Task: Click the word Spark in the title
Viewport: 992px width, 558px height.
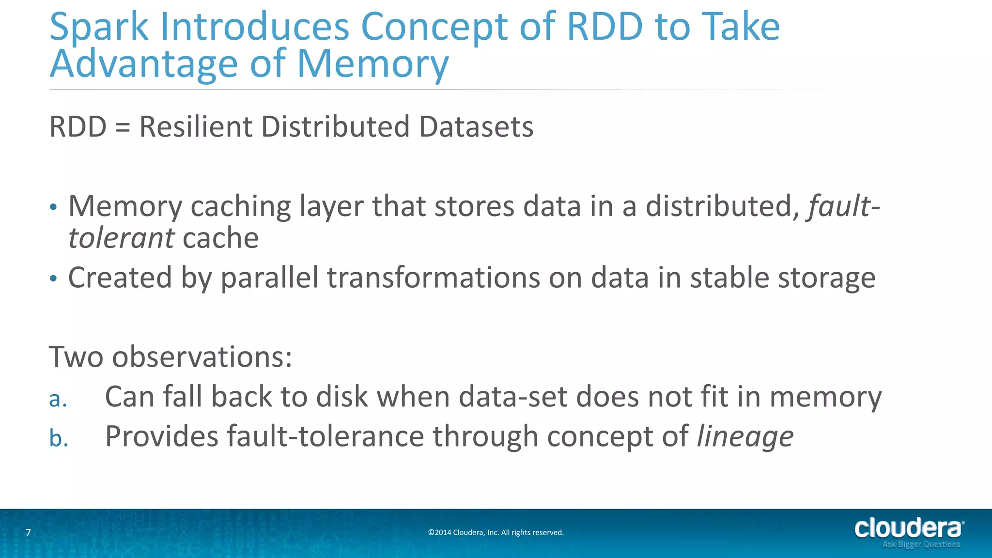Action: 98,27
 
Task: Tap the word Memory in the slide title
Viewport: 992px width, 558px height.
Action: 372,64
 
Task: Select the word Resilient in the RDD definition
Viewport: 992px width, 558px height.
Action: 196,127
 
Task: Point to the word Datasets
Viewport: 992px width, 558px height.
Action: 476,127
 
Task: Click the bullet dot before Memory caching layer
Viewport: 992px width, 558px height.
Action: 53,208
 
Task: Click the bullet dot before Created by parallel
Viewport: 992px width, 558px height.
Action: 53,279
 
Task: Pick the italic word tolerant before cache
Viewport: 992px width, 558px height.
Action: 121,238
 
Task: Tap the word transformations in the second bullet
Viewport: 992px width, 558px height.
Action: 434,278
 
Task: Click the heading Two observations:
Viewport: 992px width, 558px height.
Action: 170,357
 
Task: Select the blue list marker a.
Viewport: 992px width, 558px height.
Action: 58,399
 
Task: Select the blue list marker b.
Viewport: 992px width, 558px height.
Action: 59,438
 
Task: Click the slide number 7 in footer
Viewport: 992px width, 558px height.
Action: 28,533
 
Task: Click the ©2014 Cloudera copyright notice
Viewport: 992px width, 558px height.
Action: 496,533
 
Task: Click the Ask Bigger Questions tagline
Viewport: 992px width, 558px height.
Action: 921,544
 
